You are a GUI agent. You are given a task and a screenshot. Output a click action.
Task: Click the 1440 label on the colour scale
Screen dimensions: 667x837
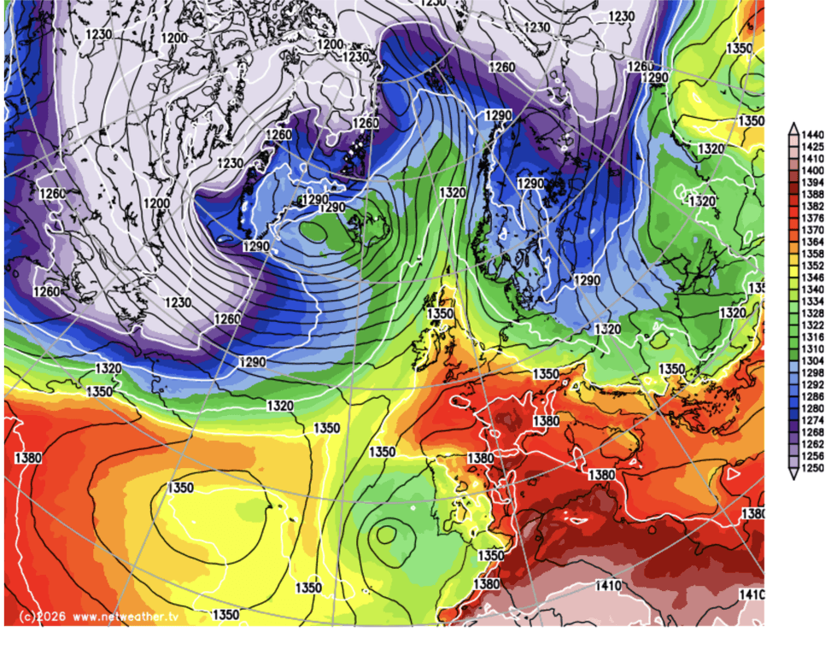813,135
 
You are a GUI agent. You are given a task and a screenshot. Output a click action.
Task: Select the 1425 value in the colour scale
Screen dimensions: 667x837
813,147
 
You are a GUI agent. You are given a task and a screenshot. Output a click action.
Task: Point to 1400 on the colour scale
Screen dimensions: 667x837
813,171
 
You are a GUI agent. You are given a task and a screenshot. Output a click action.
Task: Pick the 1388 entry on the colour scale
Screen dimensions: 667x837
813,195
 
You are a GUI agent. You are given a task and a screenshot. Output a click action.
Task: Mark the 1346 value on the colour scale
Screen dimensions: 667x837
813,278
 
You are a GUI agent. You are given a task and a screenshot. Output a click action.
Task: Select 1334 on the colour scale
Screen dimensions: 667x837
813,302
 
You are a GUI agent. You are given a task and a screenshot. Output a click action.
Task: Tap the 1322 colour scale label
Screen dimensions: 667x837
813,325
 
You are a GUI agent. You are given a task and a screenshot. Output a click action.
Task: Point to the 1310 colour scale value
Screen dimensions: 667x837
813,349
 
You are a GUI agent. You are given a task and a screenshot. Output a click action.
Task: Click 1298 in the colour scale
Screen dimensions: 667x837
813,373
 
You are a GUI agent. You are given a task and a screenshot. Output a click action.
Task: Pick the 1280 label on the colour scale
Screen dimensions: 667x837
813,409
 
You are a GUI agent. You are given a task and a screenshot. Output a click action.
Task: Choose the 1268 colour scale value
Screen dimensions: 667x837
813,433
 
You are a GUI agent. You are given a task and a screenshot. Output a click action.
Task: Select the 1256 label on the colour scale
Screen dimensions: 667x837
813,457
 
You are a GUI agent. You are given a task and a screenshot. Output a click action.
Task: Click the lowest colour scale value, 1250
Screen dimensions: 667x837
813,469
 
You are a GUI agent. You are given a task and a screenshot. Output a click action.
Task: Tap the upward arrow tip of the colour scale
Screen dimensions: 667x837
793,126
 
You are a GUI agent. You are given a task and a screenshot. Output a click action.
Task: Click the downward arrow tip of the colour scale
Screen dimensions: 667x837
793,478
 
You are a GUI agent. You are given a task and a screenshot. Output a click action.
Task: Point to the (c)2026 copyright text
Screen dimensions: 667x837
39,616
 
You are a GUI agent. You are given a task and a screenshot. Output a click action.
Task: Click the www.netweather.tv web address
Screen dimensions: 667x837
126,616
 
